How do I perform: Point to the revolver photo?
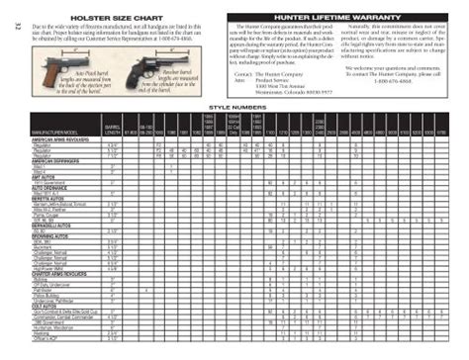click(x=138, y=71)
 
